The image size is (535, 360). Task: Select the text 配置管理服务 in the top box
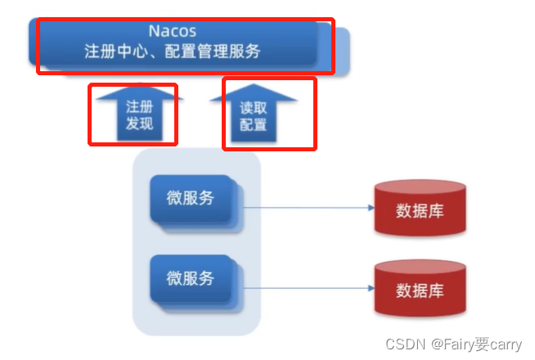pos(212,52)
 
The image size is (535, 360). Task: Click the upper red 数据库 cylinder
pos(420,210)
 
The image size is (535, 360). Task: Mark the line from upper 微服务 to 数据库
pos(308,208)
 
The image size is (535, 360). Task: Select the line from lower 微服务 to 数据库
pos(308,287)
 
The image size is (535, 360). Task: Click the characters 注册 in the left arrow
pos(140,106)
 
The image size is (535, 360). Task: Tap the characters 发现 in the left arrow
pos(140,124)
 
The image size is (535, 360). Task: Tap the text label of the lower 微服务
pos(191,278)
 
